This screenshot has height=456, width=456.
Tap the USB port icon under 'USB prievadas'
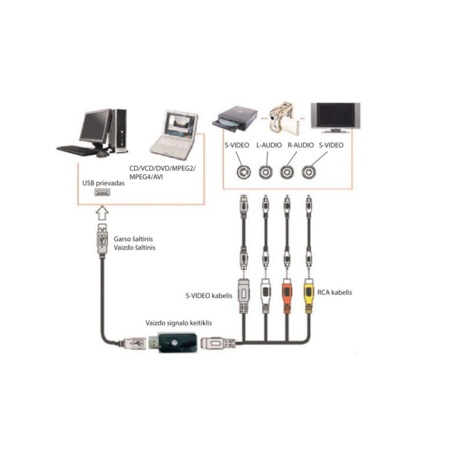click(102, 193)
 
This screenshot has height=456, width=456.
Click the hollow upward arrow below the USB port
click(101, 214)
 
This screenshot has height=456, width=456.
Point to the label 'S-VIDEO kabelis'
click(209, 296)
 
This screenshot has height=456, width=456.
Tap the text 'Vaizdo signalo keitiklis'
click(177, 323)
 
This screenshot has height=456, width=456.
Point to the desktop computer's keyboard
click(76, 150)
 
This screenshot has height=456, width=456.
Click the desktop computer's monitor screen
click(94, 127)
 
